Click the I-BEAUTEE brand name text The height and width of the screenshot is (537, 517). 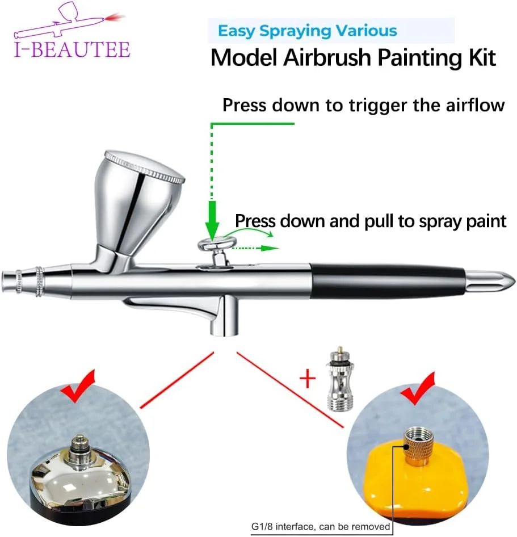click(72, 49)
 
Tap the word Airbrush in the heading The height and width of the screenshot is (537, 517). click(327, 57)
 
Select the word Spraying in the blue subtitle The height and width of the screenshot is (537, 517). click(295, 31)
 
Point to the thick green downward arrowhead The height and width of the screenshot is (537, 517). click(212, 221)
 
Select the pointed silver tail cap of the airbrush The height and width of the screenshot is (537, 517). click(490, 281)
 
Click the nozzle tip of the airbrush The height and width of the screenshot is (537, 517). click(7, 282)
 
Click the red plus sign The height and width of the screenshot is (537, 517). click(308, 379)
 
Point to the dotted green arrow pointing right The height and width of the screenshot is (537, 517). click(255, 248)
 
